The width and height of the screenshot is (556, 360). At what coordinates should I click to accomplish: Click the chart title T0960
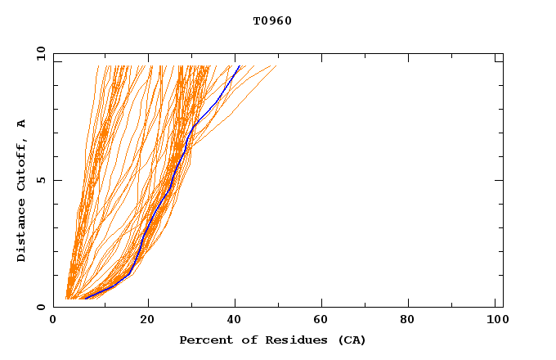coord(272,21)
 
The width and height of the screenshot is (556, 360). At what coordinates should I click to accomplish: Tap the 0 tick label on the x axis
coord(53,319)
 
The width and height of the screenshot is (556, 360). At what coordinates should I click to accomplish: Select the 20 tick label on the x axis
coord(148,319)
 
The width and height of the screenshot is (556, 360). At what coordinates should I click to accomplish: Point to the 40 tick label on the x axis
coord(236,319)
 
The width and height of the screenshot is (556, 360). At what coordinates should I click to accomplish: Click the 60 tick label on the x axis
coord(325,319)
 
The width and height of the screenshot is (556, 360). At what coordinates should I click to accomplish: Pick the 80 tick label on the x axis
coord(414,319)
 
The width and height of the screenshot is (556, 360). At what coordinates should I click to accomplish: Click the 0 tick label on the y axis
coord(42,307)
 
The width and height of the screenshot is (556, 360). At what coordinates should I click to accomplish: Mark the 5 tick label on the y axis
coord(42,180)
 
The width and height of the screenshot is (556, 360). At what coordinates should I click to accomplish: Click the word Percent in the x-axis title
coord(203,340)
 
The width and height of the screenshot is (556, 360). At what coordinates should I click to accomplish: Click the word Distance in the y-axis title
coord(22,233)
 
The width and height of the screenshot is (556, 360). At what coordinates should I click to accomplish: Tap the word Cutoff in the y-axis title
coord(22,164)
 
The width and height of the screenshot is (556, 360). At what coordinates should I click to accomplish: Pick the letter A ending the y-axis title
coord(22,124)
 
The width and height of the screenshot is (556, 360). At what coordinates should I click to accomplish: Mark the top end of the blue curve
coord(239,66)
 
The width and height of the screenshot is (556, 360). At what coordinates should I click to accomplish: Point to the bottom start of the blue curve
coord(85,299)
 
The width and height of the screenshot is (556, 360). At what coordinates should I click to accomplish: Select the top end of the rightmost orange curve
coord(276,66)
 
